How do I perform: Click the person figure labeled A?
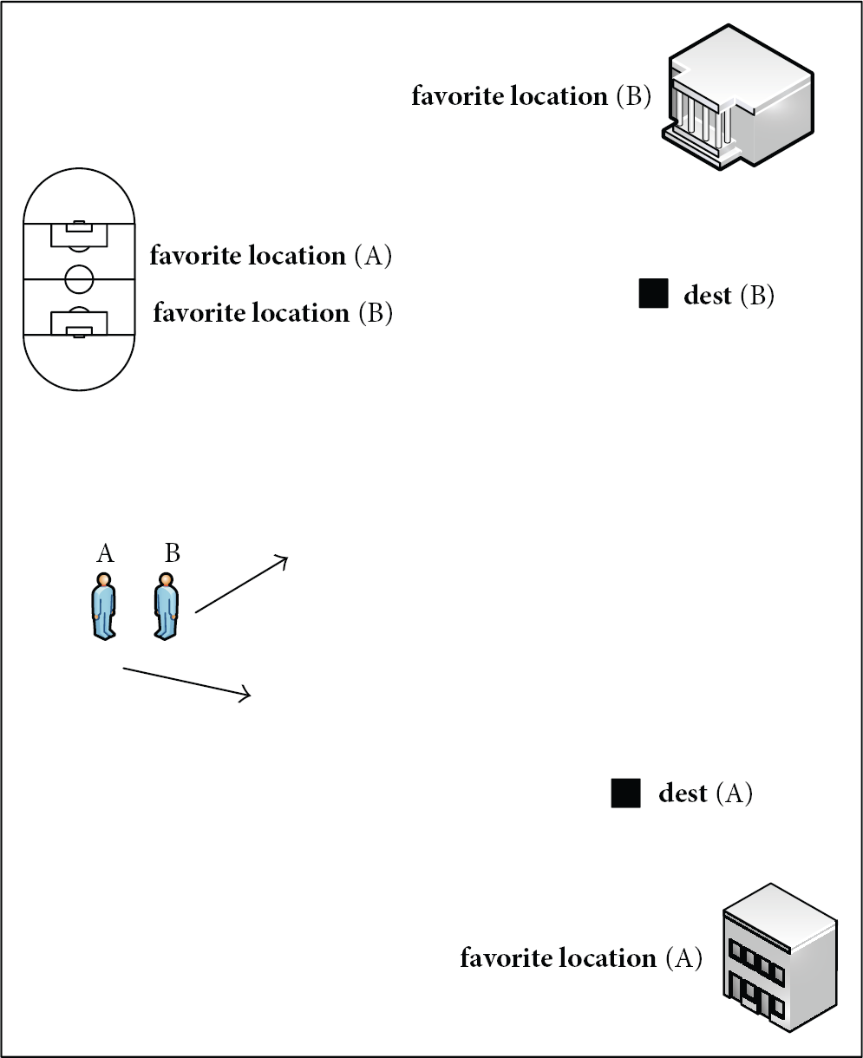pyautogui.click(x=103, y=606)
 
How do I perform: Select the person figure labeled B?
pyautogui.click(x=166, y=606)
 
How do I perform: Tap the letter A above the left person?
pyautogui.click(x=105, y=554)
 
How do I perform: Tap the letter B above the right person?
pyautogui.click(x=172, y=552)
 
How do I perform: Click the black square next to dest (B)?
pyautogui.click(x=653, y=293)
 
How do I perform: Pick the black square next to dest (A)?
pyautogui.click(x=625, y=793)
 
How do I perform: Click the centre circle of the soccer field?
pyautogui.click(x=79, y=279)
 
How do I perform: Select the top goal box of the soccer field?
pyautogui.click(x=79, y=235)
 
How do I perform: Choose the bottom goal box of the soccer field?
pyautogui.click(x=79, y=323)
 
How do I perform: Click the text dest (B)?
pyautogui.click(x=729, y=295)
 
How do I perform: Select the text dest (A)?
pyautogui.click(x=705, y=793)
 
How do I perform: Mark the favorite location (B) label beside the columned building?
pyautogui.click(x=532, y=95)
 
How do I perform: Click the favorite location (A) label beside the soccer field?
pyautogui.click(x=271, y=255)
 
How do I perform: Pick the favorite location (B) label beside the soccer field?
pyautogui.click(x=272, y=312)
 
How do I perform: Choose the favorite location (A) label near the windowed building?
pyautogui.click(x=581, y=958)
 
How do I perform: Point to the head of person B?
pyautogui.click(x=166, y=580)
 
